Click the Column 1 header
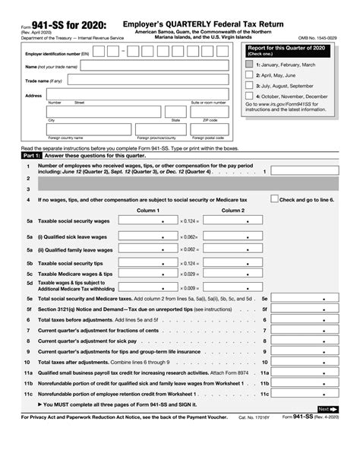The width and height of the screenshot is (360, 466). click(147, 210)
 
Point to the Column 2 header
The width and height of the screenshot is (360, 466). click(232, 210)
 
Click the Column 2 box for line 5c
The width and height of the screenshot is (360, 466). click(232, 273)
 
